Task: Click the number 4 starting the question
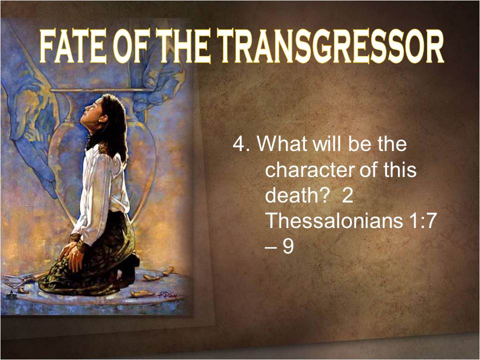239,143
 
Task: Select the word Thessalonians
335,220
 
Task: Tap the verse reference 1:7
423,220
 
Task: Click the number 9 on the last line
288,246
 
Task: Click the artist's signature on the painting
167,295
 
